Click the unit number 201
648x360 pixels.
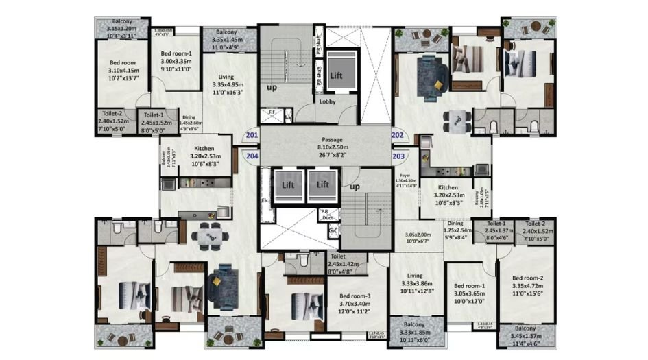click(x=252, y=136)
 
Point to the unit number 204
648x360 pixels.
click(x=252, y=155)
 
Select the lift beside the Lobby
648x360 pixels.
click(x=337, y=75)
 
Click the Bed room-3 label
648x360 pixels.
click(x=355, y=297)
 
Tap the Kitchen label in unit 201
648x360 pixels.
click(x=204, y=148)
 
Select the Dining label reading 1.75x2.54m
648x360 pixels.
click(x=455, y=223)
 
